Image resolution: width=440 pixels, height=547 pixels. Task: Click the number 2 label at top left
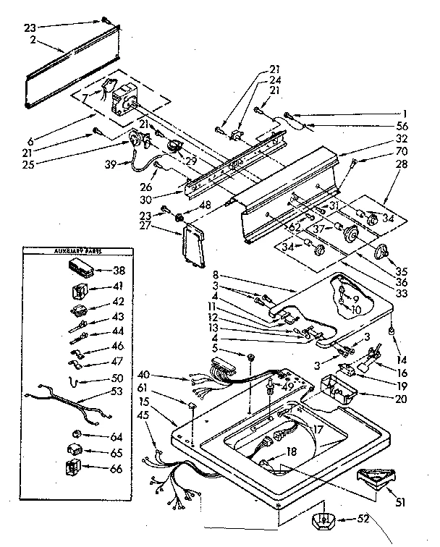point(33,41)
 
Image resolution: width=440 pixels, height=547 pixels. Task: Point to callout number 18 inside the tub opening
point(292,451)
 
